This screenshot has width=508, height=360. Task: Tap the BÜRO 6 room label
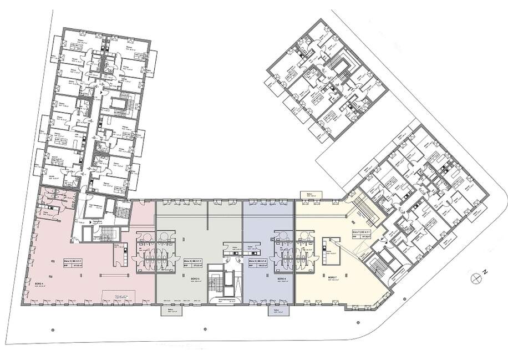pos(281,278)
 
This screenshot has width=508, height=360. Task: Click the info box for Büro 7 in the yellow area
pos(364,235)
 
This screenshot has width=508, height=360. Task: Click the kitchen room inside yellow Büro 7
pos(332,248)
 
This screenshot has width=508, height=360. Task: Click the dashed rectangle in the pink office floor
pos(124,297)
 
